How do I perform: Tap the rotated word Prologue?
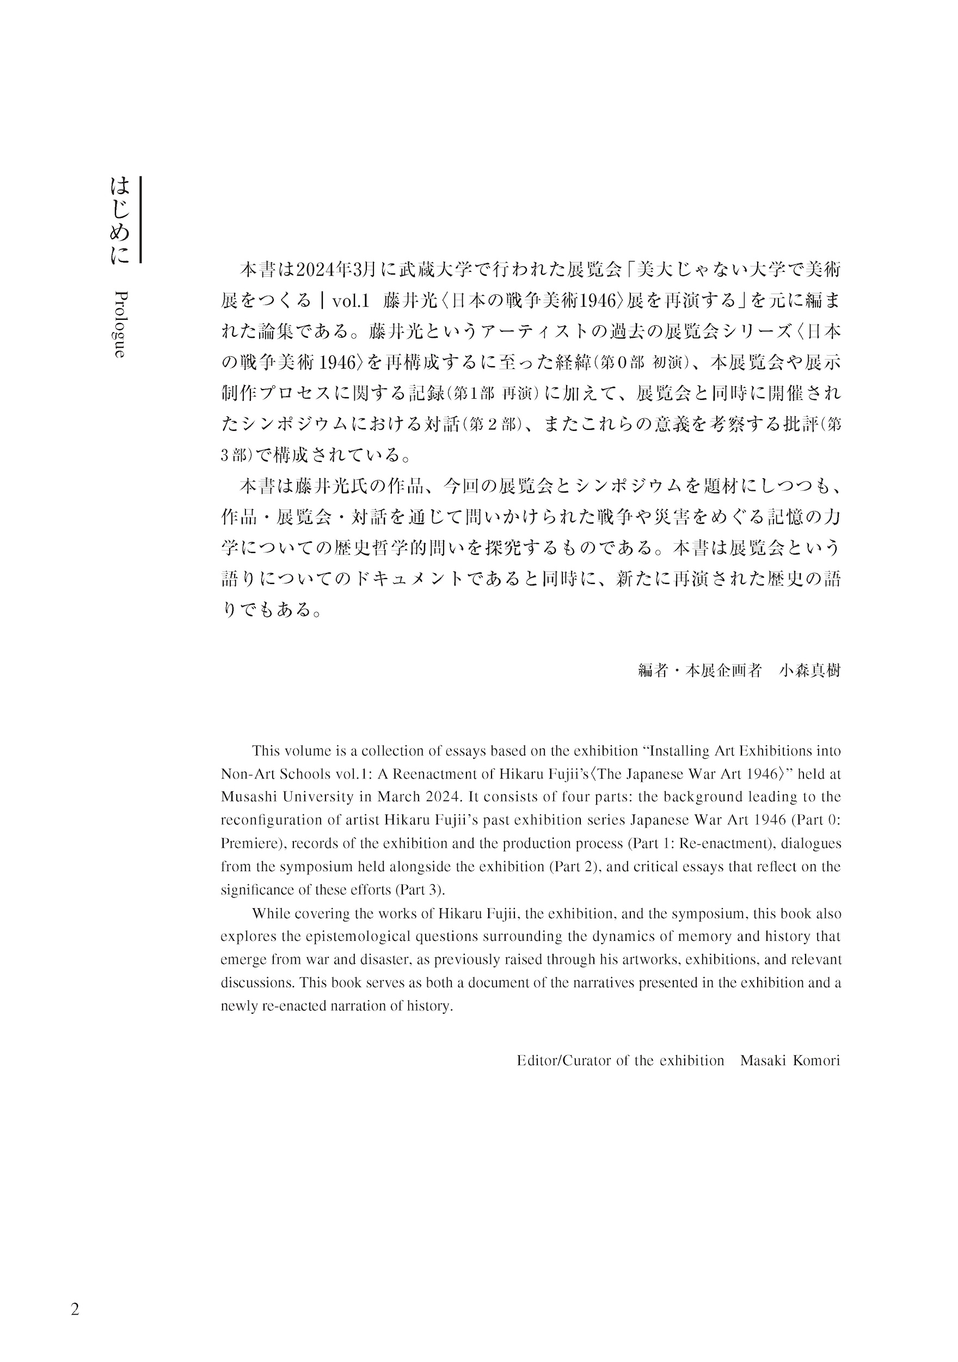[x=119, y=324]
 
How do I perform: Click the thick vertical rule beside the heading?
[x=140, y=220]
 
